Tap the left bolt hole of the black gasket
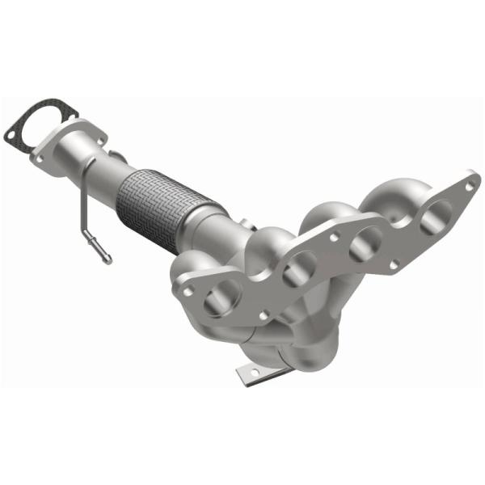(11, 131)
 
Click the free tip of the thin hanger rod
(106, 259)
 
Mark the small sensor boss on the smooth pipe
(116, 155)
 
